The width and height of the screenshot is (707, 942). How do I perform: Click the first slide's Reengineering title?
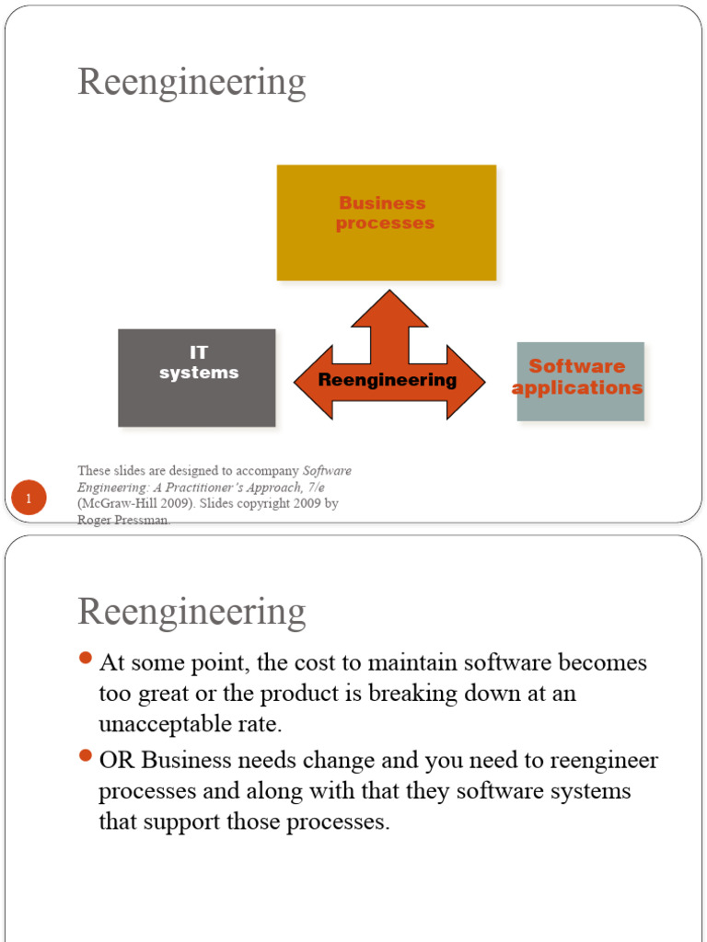click(191, 84)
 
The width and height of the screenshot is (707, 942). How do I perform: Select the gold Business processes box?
click(386, 223)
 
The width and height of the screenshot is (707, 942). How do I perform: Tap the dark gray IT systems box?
click(197, 377)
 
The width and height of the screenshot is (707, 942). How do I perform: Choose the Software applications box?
click(580, 381)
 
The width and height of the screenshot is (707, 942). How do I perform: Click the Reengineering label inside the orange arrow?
click(388, 380)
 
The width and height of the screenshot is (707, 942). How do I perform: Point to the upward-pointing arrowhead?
click(389, 308)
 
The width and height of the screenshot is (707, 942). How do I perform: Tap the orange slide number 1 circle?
click(29, 500)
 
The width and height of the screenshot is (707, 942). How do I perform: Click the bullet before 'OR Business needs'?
click(86, 756)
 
